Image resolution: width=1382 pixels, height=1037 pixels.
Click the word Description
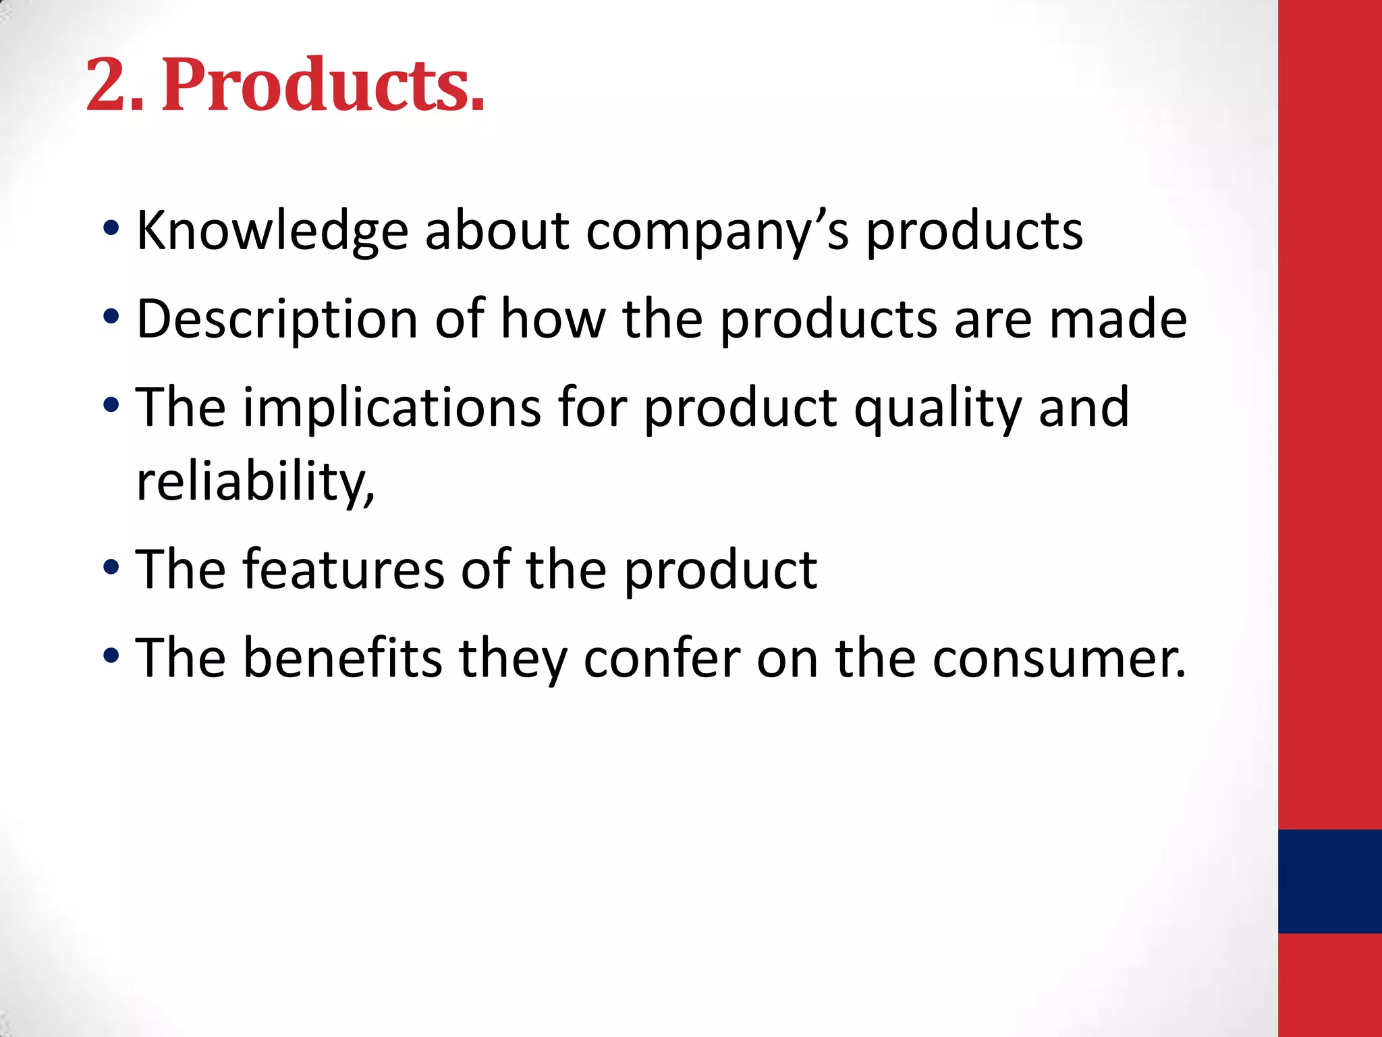[277, 319]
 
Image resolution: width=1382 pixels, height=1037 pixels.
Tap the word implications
[391, 408]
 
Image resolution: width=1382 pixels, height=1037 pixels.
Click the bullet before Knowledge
[111, 229]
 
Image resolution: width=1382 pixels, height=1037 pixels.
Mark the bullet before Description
[111, 317]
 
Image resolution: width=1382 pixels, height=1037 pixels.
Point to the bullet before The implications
[111, 405]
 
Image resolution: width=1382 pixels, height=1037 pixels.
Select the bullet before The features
[111, 567]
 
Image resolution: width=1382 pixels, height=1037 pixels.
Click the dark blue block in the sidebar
[1329, 881]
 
